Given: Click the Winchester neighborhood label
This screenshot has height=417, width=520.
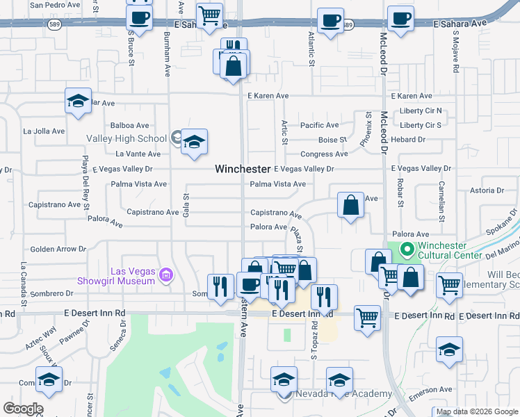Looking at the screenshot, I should click(x=243, y=169).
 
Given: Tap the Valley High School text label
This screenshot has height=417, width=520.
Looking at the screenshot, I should click(x=127, y=138).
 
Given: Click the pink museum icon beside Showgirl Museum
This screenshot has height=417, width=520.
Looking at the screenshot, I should click(x=165, y=276).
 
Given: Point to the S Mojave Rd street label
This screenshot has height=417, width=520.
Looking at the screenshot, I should click(x=455, y=53).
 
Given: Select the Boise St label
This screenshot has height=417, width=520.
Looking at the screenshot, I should click(x=333, y=140).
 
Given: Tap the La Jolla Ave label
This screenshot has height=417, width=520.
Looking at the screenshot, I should click(x=44, y=131).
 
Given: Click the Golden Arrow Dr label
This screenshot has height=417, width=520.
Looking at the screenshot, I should click(x=58, y=249).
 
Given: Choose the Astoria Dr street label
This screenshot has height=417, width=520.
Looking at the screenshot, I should click(x=487, y=190).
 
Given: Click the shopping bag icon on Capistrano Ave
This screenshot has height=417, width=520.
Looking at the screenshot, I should click(x=351, y=206).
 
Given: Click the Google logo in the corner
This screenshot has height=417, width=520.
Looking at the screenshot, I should click(x=23, y=409).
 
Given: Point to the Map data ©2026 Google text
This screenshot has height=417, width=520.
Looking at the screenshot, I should click(x=477, y=411).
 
